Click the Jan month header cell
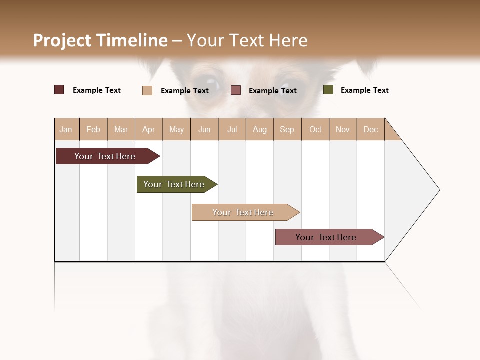coord(66,129)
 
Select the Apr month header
coord(149,129)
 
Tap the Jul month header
coord(232,129)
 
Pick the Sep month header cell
coord(287,129)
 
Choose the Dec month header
coord(370,129)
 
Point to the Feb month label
coord(93,129)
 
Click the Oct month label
coord(315,129)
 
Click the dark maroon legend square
coord(59,90)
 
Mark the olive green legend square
coord(328,90)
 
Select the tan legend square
coord(147,90)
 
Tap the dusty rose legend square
coord(236,90)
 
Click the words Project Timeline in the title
coord(100,40)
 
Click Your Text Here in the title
coord(247,40)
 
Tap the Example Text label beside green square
coord(364,90)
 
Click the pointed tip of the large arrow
coord(438,190)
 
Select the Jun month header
coord(204,129)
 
